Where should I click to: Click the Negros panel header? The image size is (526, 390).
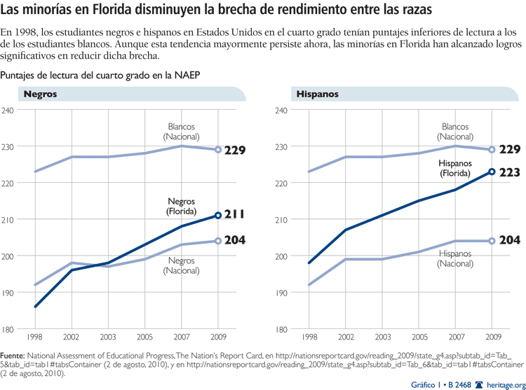click(41, 94)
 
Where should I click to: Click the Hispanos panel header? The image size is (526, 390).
click(318, 94)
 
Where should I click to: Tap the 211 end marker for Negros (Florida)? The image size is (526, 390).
click(218, 216)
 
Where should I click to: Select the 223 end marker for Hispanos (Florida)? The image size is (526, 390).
click(492, 172)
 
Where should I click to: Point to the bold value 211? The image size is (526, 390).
click(235, 215)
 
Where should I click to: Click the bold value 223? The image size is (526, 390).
click(509, 172)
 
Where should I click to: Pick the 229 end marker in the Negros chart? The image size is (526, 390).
click(218, 150)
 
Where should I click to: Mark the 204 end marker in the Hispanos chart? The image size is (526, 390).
click(492, 241)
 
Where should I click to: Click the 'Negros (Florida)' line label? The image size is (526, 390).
click(181, 207)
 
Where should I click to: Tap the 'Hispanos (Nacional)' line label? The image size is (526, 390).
click(456, 258)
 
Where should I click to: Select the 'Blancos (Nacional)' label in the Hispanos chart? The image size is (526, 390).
click(454, 132)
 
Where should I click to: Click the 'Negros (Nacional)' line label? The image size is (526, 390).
click(181, 265)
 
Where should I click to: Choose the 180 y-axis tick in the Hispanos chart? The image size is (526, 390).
click(282, 329)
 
